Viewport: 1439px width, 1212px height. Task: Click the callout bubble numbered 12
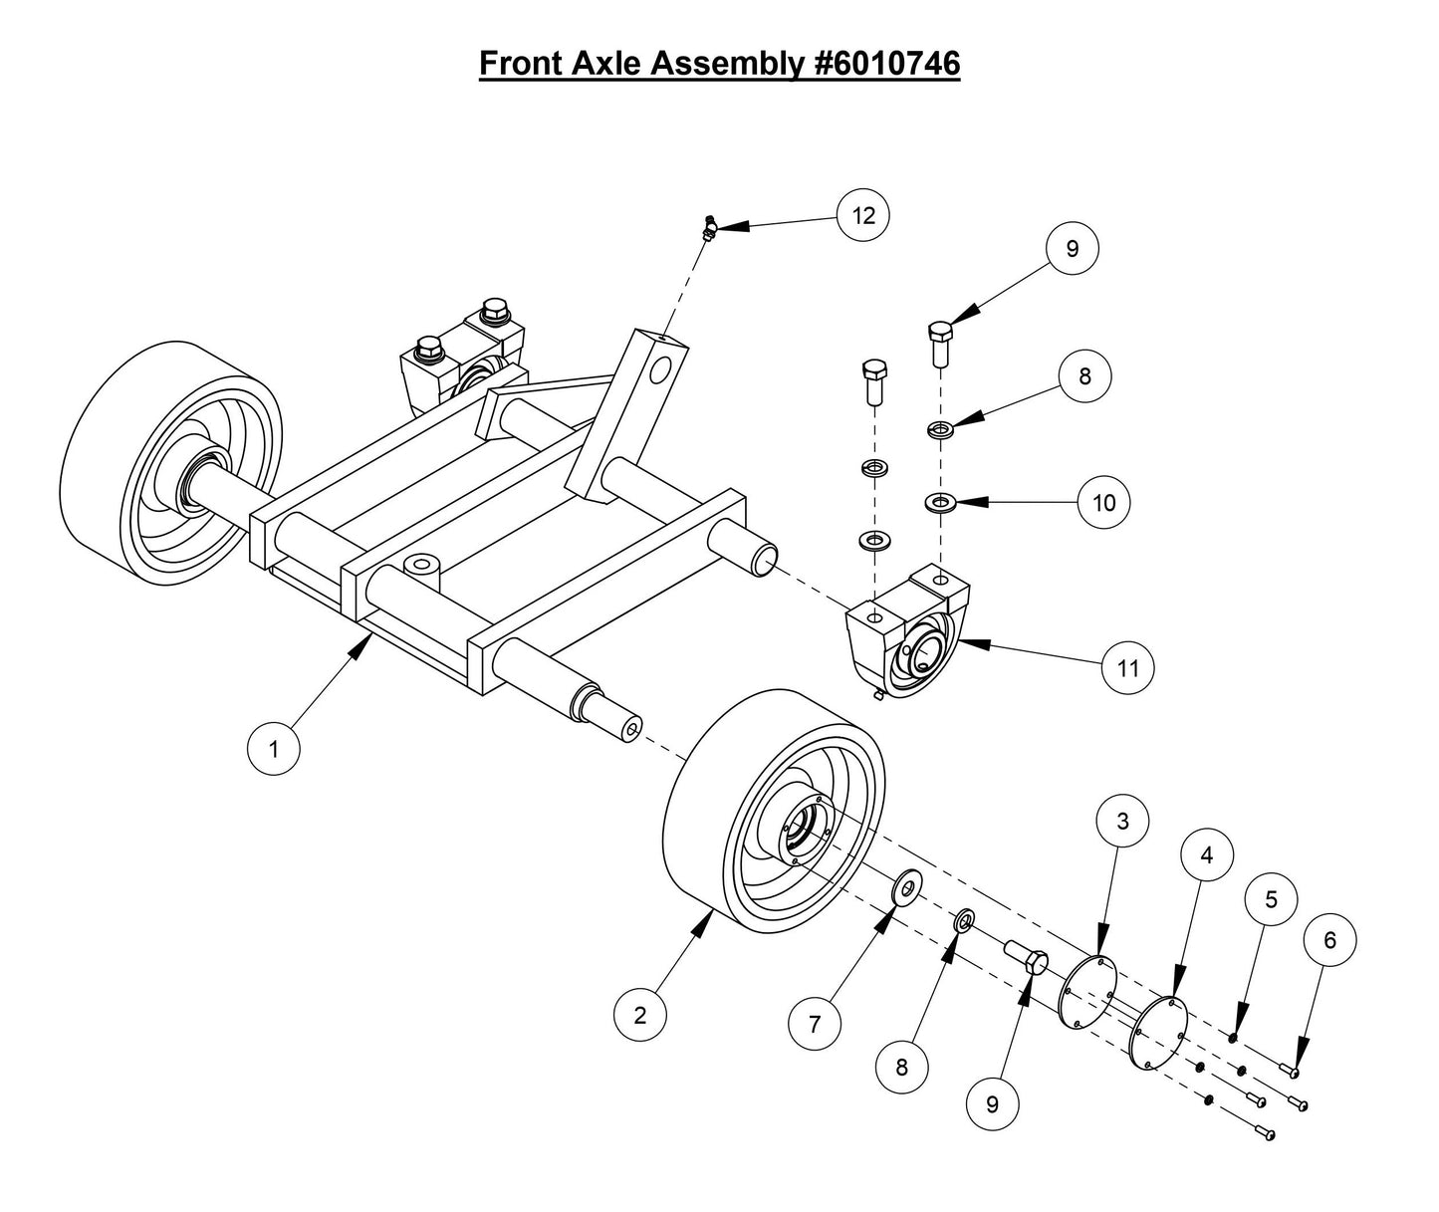click(x=862, y=215)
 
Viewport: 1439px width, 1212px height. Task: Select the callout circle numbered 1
click(x=274, y=748)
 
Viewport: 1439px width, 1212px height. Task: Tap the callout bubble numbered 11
click(x=1127, y=668)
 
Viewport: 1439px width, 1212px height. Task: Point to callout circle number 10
click(x=1104, y=503)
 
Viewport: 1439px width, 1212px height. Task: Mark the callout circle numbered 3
click(x=1123, y=822)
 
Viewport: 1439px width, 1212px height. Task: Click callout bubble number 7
click(x=815, y=1023)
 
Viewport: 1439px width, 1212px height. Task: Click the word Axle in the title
click(x=607, y=63)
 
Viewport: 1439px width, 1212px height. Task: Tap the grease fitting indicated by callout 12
click(x=709, y=228)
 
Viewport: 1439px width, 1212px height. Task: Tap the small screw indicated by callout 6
click(x=1290, y=1072)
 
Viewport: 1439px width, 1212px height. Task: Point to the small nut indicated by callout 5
click(x=1233, y=1040)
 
